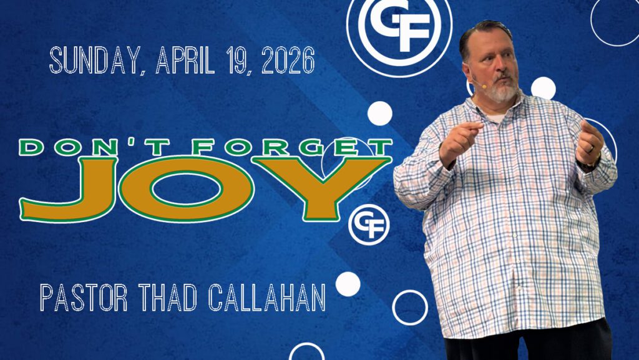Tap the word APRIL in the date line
point(185,61)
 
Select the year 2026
point(288,61)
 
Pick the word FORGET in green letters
point(292,147)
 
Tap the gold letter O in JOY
point(186,190)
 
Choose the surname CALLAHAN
point(267,298)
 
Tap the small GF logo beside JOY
point(369,225)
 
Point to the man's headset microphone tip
point(484,86)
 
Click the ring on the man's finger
point(591,149)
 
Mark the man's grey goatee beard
point(504,91)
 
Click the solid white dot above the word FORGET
point(380,113)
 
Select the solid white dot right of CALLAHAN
point(348,284)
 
